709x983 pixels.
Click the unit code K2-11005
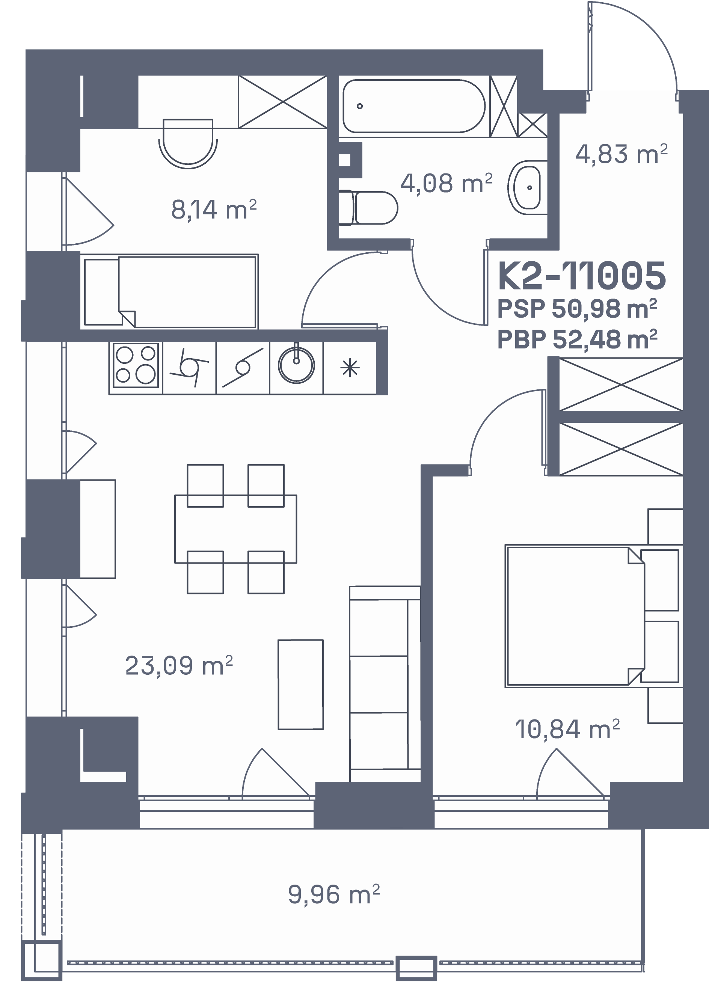tap(582, 276)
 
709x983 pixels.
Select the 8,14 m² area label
tap(214, 210)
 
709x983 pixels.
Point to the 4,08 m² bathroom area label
tap(447, 183)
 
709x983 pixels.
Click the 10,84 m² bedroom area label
tap(567, 729)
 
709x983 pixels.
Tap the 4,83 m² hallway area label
tap(622, 154)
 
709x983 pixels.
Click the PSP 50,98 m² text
tap(577, 309)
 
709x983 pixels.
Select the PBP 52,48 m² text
tap(577, 340)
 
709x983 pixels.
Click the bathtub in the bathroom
tap(414, 106)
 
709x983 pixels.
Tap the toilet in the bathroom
tap(368, 208)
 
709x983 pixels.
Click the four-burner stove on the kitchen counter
tap(136, 365)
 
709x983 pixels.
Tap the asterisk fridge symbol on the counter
tap(349, 368)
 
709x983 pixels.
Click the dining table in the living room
tap(236, 529)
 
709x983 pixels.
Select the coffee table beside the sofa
tap(301, 684)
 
